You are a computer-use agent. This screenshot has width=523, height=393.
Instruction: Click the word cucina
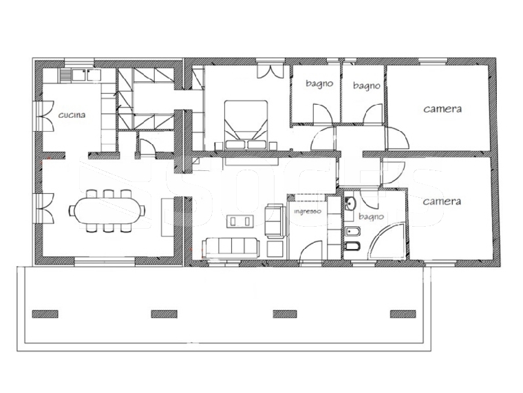click(x=72, y=115)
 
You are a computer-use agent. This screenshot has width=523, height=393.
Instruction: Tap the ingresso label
click(x=307, y=212)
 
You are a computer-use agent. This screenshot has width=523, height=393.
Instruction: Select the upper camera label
click(x=442, y=109)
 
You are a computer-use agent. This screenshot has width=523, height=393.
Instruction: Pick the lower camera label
click(x=442, y=201)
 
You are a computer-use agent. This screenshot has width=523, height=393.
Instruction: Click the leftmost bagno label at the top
click(x=319, y=83)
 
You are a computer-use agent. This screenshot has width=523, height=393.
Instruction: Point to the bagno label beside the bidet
click(x=371, y=217)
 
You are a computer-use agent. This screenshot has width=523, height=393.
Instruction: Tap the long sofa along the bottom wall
click(x=231, y=248)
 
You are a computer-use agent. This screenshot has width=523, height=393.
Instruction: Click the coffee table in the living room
click(x=239, y=221)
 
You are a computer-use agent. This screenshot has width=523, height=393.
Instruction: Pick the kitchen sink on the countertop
click(x=81, y=75)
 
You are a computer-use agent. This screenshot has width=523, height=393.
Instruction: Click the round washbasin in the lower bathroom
click(x=350, y=203)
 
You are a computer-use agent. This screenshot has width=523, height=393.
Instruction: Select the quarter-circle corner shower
click(x=387, y=241)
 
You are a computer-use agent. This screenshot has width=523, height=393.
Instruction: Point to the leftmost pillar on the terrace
click(x=45, y=314)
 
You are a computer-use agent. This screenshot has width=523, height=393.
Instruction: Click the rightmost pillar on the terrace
click(x=403, y=314)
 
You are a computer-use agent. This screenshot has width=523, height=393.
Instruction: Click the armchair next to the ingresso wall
click(x=275, y=221)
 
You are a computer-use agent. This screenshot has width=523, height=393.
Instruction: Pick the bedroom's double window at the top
click(x=270, y=70)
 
